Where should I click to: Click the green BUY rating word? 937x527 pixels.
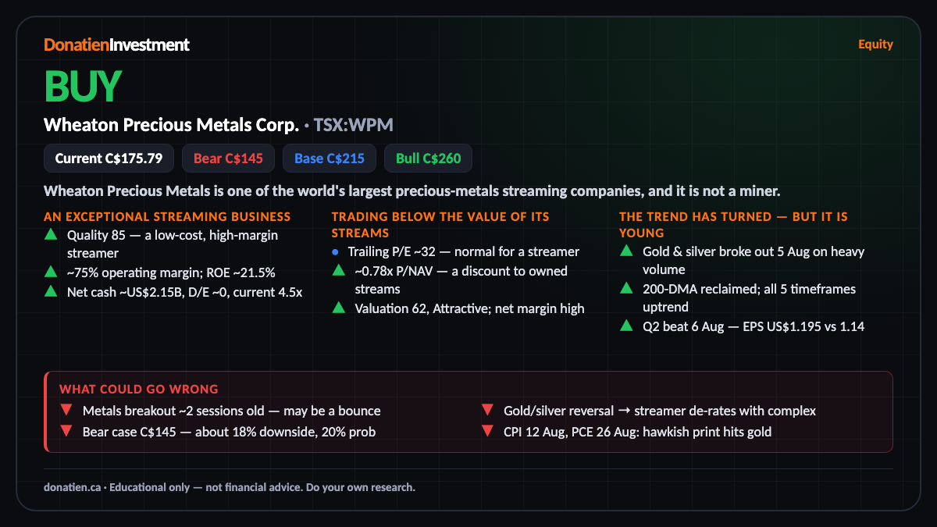click(x=83, y=86)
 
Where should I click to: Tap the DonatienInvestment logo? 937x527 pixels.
click(x=116, y=45)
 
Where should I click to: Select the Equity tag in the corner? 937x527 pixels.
click(x=875, y=45)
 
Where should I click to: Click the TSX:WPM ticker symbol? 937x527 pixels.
click(x=354, y=125)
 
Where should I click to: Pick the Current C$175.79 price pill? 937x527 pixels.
click(x=109, y=158)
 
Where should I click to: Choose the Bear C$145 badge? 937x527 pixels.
click(x=228, y=158)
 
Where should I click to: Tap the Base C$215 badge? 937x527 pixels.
click(x=330, y=158)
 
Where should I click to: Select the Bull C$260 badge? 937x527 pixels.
click(x=428, y=158)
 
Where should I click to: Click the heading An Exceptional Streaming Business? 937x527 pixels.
click(x=167, y=217)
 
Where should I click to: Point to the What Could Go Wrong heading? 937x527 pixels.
click(x=139, y=390)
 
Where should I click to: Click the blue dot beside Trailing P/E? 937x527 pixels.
click(x=335, y=251)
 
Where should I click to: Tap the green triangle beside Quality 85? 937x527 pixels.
click(x=51, y=234)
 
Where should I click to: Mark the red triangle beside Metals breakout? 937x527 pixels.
click(x=66, y=409)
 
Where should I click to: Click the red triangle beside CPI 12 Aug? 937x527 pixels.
click(x=487, y=430)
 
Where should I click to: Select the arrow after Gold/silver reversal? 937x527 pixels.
click(x=624, y=411)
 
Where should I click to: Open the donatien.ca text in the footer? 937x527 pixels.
click(x=73, y=487)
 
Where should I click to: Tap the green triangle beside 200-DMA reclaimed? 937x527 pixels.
click(x=626, y=288)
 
